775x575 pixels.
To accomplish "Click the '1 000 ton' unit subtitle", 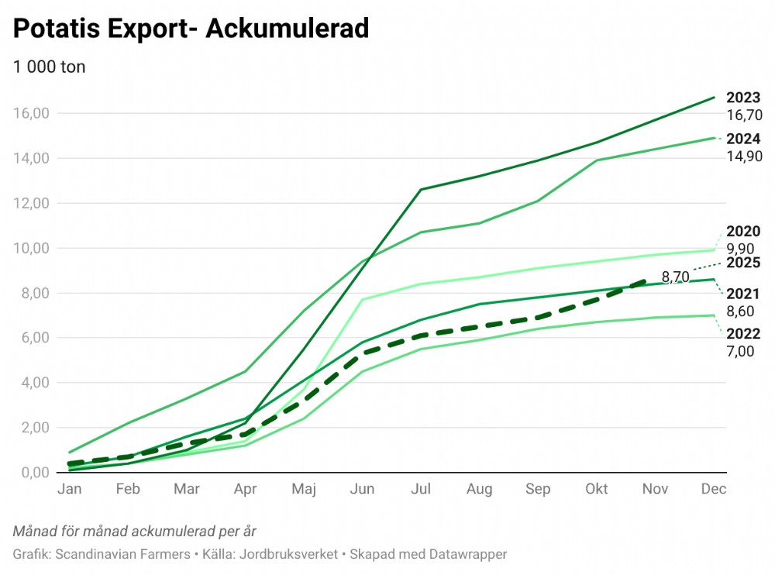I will (49, 67).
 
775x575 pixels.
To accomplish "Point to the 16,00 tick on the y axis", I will (32, 113).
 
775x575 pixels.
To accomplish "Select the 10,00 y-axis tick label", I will (32, 248).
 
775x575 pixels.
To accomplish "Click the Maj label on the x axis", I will (304, 489).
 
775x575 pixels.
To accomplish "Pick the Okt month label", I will (597, 489).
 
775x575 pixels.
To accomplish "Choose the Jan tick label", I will (70, 489).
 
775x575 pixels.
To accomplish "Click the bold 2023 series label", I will (743, 98).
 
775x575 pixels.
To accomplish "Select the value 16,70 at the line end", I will (744, 115).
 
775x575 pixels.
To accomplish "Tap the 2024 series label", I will (743, 139).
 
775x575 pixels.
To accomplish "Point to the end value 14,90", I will (744, 156).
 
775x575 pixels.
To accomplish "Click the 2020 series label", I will (743, 232).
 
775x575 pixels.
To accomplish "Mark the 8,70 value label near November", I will (676, 277).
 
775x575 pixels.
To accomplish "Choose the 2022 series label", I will (743, 334).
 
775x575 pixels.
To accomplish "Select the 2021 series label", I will (743, 294).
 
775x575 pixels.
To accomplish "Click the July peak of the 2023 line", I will (420, 189).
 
